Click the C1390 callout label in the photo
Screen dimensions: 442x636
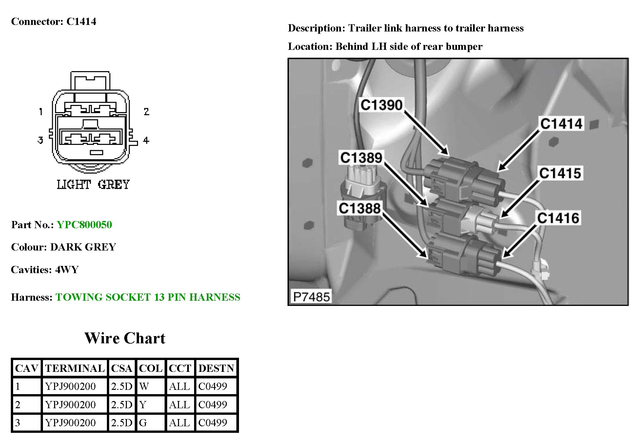tap(381, 105)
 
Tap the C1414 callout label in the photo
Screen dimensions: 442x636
tap(561, 124)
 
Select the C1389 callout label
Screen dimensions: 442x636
tap(361, 158)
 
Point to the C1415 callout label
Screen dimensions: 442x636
tap(560, 173)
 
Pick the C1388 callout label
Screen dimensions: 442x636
tap(360, 208)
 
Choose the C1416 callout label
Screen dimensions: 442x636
tap(558, 218)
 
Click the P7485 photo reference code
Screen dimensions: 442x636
tap(311, 297)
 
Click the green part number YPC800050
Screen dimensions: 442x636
tap(84, 225)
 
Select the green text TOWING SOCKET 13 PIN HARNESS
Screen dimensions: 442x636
tap(148, 297)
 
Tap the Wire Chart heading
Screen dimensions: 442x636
tap(125, 338)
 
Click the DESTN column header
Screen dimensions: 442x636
tap(216, 368)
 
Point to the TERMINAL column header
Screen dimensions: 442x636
tap(75, 368)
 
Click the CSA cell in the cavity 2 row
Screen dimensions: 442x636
tap(122, 405)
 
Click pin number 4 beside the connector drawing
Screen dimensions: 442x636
tap(146, 140)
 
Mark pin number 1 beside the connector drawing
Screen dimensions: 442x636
tap(41, 111)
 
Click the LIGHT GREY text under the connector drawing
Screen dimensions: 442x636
tap(93, 185)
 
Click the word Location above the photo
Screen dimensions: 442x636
tap(310, 47)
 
